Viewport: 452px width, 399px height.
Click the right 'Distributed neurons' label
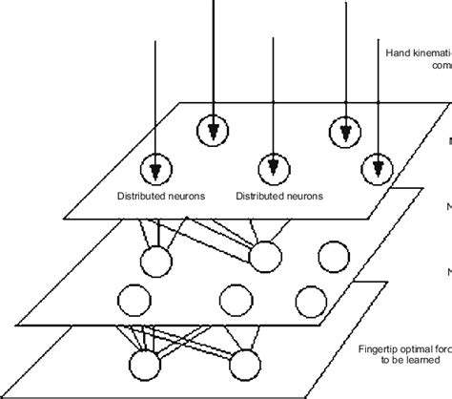click(278, 197)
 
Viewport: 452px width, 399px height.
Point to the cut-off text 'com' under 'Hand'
click(441, 66)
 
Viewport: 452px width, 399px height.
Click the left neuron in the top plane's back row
click(214, 130)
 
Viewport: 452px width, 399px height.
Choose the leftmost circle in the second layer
click(157, 260)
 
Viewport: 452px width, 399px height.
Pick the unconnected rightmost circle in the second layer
click(333, 258)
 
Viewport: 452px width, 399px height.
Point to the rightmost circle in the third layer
click(314, 298)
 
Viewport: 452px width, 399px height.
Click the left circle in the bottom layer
click(148, 366)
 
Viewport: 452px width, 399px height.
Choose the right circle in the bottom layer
click(245, 364)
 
